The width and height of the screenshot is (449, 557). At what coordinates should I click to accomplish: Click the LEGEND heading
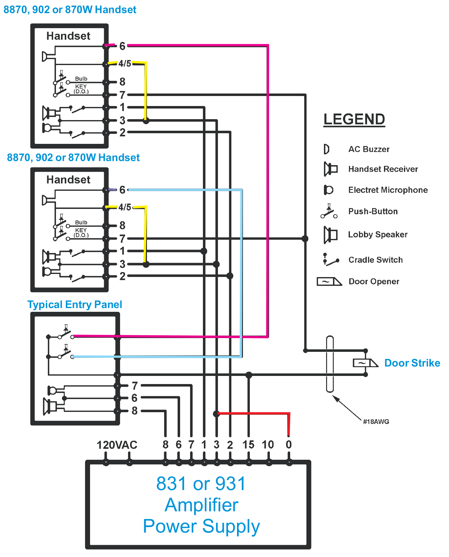point(354,119)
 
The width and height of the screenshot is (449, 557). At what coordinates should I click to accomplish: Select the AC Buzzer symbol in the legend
point(326,149)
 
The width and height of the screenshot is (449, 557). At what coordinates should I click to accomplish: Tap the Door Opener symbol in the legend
point(329,281)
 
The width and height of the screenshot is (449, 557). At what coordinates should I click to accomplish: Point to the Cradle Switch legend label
point(375,260)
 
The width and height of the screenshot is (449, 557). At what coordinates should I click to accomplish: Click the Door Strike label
point(412,363)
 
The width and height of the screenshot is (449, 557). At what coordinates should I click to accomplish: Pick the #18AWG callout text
point(376,422)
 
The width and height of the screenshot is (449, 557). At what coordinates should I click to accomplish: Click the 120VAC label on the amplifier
point(117,445)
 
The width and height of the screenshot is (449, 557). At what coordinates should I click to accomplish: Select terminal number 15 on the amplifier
point(248,444)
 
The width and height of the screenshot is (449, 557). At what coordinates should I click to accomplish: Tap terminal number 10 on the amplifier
point(268,444)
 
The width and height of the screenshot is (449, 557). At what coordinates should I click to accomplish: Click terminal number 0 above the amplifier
point(289,444)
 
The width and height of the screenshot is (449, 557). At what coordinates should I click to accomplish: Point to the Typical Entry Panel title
point(74,304)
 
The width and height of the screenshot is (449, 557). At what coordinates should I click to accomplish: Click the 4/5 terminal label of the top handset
point(125,63)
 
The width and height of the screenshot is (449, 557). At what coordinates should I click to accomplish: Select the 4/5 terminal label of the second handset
point(125,207)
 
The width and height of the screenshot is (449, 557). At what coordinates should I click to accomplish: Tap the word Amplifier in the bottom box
point(201,505)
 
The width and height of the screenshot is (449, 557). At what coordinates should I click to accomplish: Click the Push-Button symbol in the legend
point(329,212)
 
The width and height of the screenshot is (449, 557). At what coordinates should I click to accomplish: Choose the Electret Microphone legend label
point(388,190)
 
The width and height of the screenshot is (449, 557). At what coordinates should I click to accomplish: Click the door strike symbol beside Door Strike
point(365,363)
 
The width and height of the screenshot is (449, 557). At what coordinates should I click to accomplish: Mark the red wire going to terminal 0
point(253,413)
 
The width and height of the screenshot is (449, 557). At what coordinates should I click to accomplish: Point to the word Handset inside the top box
point(68,36)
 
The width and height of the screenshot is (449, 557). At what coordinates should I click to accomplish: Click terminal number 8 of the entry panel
point(134,410)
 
